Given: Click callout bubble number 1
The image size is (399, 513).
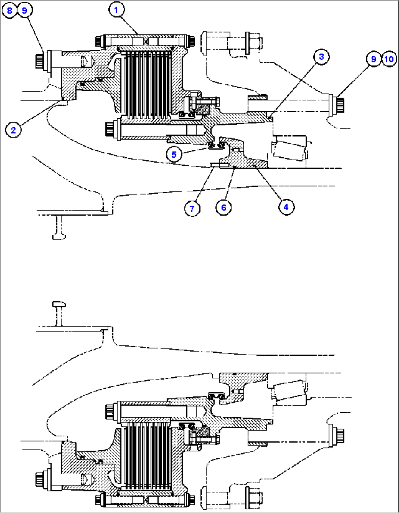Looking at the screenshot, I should pyautogui.click(x=116, y=10).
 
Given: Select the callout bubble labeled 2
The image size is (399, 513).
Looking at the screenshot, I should pyautogui.click(x=14, y=130).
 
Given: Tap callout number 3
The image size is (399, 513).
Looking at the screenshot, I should pyautogui.click(x=321, y=56).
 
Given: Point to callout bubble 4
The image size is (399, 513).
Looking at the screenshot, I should pyautogui.click(x=286, y=207).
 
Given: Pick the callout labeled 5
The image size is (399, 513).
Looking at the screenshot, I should pyautogui.click(x=174, y=154).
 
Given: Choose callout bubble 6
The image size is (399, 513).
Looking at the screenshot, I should pyautogui.click(x=224, y=208).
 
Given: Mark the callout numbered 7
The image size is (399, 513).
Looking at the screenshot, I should pyautogui.click(x=192, y=209).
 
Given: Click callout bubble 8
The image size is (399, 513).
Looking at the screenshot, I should pyautogui.click(x=10, y=10).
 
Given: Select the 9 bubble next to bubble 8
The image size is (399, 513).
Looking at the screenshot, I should pyautogui.click(x=25, y=10).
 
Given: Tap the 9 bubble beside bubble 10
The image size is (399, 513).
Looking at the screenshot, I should pyautogui.click(x=373, y=59).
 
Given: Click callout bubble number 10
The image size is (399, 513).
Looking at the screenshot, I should pyautogui.click(x=389, y=59).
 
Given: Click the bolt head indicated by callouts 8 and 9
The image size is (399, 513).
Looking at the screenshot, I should pyautogui.click(x=40, y=61).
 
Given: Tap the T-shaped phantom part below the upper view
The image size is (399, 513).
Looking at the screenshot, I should pyautogui.click(x=59, y=227).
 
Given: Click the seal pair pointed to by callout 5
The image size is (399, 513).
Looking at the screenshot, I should pyautogui.click(x=216, y=146).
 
